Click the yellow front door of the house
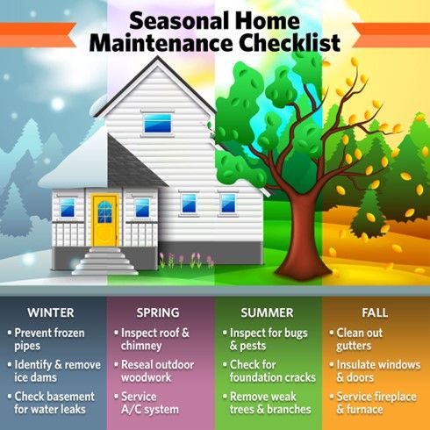104,219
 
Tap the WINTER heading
50,312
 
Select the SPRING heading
158,312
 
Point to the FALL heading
375,312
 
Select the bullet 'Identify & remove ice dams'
53,371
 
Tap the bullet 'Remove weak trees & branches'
270,403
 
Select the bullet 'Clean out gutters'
369,340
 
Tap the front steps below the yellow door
104,261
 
